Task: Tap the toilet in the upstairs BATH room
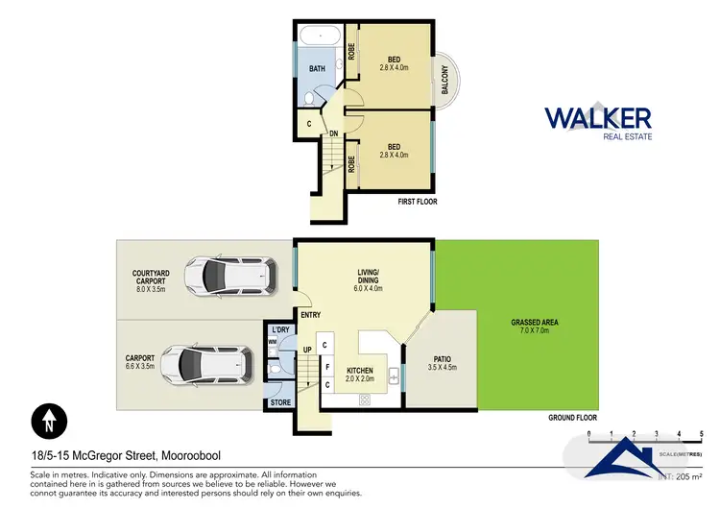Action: [x=309, y=98]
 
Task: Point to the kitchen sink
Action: [x=395, y=376]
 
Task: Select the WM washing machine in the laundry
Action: [x=272, y=341]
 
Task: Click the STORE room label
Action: [x=279, y=402]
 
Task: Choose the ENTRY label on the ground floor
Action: [x=309, y=314]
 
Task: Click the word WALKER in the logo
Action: [x=598, y=118]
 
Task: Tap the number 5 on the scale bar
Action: [x=703, y=434]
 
